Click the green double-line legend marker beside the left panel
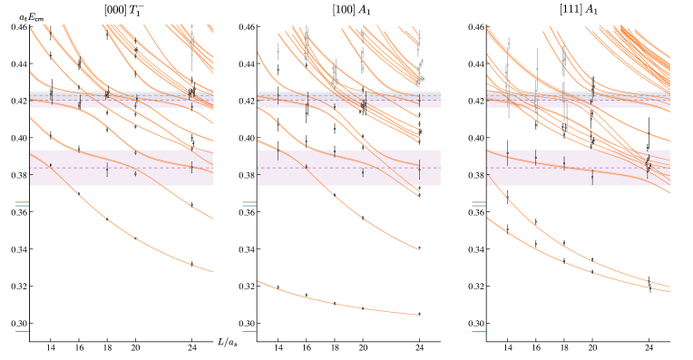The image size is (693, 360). tap(22, 204)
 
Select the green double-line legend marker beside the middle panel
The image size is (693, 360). tap(249, 204)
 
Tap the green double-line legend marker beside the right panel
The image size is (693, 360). tap(479, 204)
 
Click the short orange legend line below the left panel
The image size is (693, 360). tap(22, 331)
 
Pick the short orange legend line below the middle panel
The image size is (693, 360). tap(249, 331)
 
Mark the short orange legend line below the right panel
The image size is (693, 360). tap(479, 331)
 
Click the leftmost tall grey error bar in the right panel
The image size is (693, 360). tap(508, 77)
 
